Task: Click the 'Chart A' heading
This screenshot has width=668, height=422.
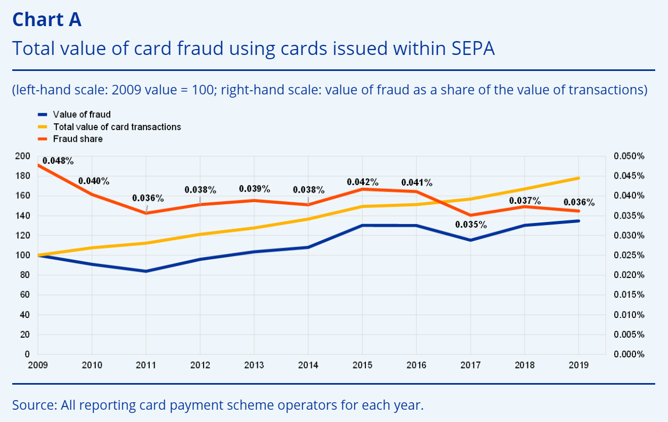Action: tap(46, 20)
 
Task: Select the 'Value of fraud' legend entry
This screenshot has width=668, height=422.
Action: tap(82, 115)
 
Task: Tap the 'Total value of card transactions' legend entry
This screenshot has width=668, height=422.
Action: tap(117, 127)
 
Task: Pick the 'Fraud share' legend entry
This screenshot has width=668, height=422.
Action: tap(78, 139)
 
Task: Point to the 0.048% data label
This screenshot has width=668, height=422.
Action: tap(58, 161)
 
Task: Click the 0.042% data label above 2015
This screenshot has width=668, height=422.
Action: tap(362, 182)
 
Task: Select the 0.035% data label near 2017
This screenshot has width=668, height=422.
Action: tap(471, 225)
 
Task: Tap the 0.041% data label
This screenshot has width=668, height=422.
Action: tap(417, 182)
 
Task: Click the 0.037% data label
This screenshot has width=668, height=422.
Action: tap(525, 201)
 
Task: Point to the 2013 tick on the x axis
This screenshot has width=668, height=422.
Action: tap(254, 365)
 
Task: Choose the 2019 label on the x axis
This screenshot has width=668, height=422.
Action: tap(579, 365)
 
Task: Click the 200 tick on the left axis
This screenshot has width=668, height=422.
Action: tap(23, 156)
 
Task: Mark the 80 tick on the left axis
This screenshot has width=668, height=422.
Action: tap(25, 275)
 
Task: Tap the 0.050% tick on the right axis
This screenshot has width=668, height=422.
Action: tap(629, 156)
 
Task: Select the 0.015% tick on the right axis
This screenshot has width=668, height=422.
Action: tap(629, 295)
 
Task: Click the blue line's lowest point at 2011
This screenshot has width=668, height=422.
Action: tap(146, 271)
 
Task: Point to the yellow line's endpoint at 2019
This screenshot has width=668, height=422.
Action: tap(579, 178)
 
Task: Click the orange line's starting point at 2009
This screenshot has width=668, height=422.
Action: tap(38, 165)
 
